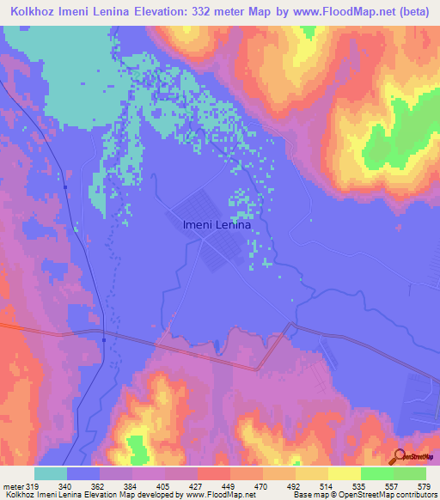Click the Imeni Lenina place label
pos(217,226)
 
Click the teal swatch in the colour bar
pos(51,474)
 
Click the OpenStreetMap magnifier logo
pos(397,457)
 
